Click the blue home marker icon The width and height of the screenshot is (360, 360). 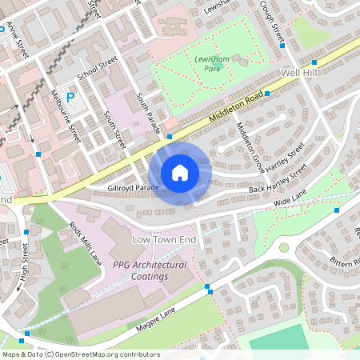coord(180,172)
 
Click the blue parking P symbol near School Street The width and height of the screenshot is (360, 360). coord(70,98)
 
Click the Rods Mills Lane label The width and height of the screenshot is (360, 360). coord(86,243)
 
